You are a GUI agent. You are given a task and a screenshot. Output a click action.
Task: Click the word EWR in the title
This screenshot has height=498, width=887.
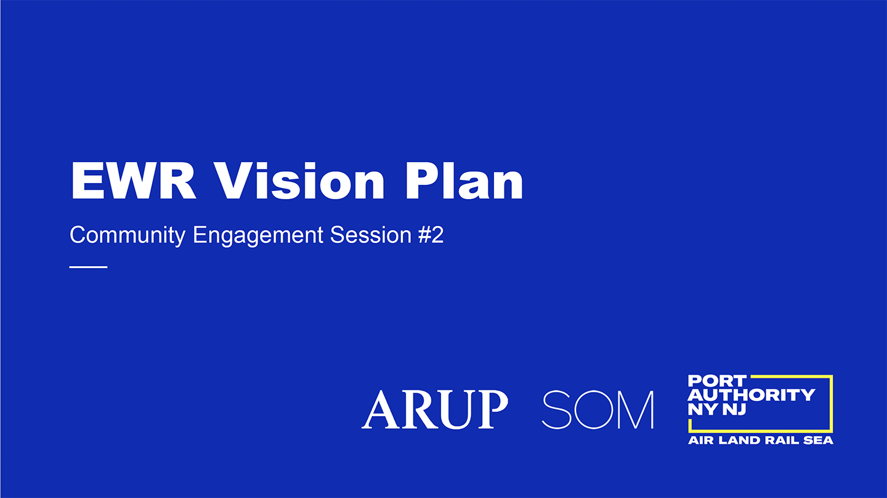coord(134,181)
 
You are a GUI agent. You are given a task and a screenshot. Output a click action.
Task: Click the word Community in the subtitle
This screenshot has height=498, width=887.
coord(128,235)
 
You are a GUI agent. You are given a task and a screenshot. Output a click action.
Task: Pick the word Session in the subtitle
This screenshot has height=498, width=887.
coord(371,235)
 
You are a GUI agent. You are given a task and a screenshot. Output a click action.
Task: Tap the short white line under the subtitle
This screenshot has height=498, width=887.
coord(88,267)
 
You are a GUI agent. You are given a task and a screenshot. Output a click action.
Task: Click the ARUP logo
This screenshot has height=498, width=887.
coord(435,409)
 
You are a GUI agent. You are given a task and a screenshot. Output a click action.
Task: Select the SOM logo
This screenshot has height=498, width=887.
coord(597,410)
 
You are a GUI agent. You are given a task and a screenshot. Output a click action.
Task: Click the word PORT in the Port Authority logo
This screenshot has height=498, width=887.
coord(717,381)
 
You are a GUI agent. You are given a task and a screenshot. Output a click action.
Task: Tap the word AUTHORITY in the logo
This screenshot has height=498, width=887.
coord(751,395)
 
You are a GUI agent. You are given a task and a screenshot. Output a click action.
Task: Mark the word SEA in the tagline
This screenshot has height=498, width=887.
coord(818,441)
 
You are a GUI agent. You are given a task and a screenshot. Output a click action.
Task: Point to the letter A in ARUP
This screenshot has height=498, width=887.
coord(381,409)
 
